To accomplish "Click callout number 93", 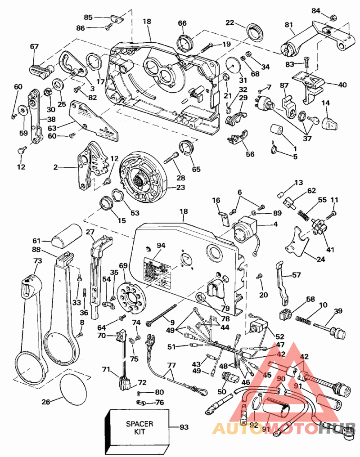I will tap(183, 427).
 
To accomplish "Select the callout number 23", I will tap(180, 188).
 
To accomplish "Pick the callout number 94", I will tap(161, 245).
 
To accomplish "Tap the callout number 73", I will tap(38, 261).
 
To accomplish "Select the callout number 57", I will tap(296, 274).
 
